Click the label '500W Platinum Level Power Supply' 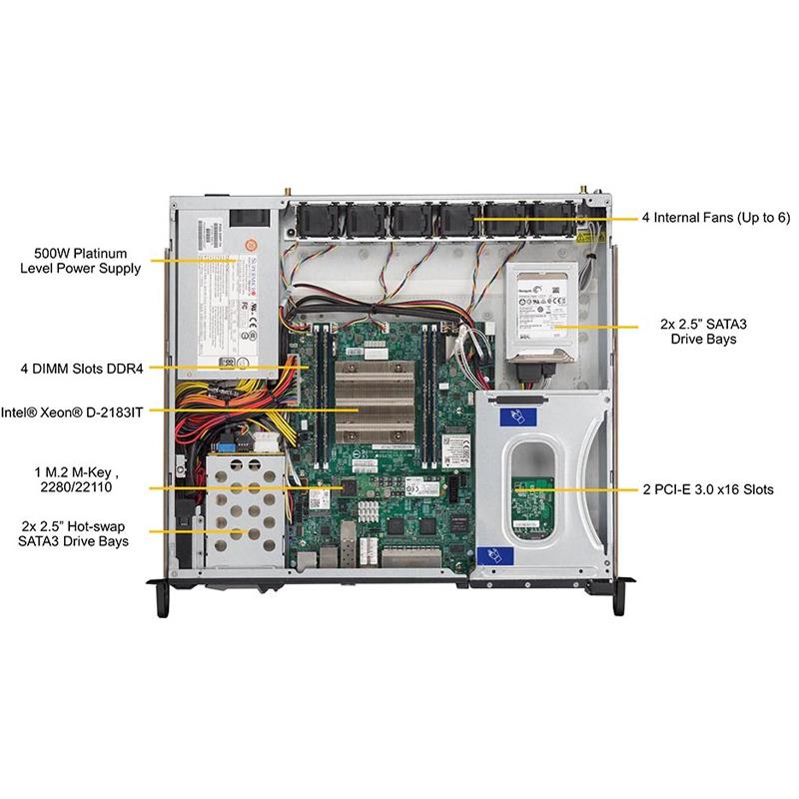(80, 261)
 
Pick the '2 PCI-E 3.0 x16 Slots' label (723, 490)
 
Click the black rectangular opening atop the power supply (250, 217)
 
